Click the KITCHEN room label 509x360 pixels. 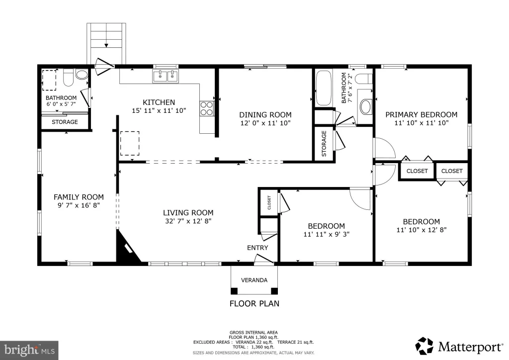pyautogui.click(x=159, y=102)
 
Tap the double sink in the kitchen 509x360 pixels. pyautogui.click(x=166, y=76)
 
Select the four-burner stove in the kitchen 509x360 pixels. pyautogui.click(x=207, y=108)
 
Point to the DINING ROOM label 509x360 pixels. pyautogui.click(x=265, y=114)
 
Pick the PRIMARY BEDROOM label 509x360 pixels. pyautogui.click(x=422, y=114)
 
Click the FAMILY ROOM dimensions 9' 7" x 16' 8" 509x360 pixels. pyautogui.click(x=79, y=205)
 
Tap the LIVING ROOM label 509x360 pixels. pyautogui.click(x=188, y=213)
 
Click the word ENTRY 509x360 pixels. pyautogui.click(x=257, y=248)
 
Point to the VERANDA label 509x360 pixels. pyautogui.click(x=254, y=280)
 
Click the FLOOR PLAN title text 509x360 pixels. pyautogui.click(x=254, y=303)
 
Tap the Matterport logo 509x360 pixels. pyautogui.click(x=459, y=347)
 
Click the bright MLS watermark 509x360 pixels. pyautogui.click(x=29, y=350)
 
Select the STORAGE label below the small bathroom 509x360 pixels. pyautogui.click(x=65, y=122)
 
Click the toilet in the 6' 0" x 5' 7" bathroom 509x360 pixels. pyautogui.click(x=68, y=77)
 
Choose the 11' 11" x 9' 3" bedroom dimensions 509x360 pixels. pyautogui.click(x=326, y=234)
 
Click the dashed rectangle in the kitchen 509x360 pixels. pyautogui.click(x=130, y=143)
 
